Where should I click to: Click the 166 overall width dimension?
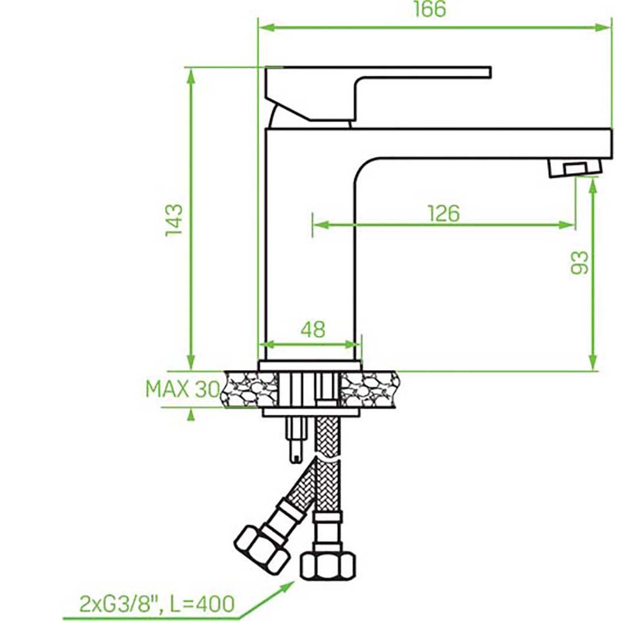point(430,9)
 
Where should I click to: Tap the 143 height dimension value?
point(175,220)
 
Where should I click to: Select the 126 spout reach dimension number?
point(444,214)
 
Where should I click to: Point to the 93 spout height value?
point(579,263)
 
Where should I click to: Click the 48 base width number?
point(313,329)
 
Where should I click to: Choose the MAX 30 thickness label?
point(182,389)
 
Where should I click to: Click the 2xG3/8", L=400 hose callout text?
point(157,604)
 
